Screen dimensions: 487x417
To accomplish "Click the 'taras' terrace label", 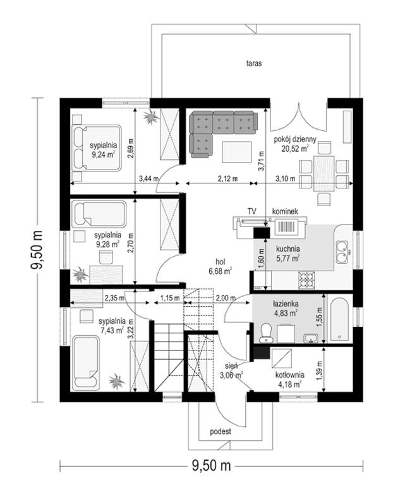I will tap(255, 64).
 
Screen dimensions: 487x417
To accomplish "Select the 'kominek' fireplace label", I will tap(284, 211).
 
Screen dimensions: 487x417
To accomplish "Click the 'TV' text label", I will tap(251, 211).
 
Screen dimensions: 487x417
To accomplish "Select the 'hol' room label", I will tap(219, 261).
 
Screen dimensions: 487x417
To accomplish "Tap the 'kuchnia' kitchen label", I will tap(287, 249).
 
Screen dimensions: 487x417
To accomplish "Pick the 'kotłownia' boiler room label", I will tap(288, 374).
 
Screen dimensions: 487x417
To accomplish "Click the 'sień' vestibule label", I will tap(231, 366).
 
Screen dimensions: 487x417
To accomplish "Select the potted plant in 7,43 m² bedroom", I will tap(116, 381).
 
